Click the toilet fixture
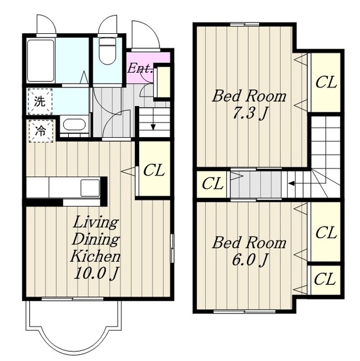click(x=107, y=51)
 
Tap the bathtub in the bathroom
click(x=41, y=60)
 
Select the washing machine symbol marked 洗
click(x=40, y=102)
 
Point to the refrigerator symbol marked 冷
click(x=41, y=130)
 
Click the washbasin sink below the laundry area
click(x=74, y=125)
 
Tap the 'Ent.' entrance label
click(x=140, y=68)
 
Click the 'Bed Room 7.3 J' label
click(x=250, y=104)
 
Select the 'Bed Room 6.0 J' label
click(x=250, y=251)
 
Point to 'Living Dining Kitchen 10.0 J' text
click(x=95, y=248)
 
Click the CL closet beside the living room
click(x=154, y=169)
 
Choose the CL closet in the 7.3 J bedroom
click(x=326, y=82)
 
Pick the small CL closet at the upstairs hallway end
click(x=212, y=183)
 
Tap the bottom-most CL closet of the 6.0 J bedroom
click(x=325, y=280)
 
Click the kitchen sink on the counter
click(x=90, y=188)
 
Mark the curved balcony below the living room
click(x=73, y=328)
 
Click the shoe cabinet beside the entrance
click(x=162, y=82)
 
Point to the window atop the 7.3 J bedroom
click(x=245, y=24)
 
